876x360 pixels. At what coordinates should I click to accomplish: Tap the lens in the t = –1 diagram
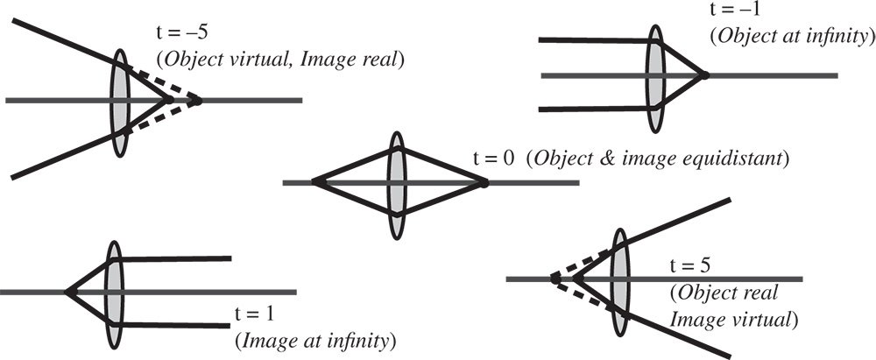[x=654, y=75]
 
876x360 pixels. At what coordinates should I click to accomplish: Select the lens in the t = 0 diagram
[x=398, y=183]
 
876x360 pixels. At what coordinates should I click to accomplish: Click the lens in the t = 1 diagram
[x=114, y=291]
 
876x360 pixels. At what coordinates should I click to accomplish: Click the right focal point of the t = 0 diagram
[x=484, y=183]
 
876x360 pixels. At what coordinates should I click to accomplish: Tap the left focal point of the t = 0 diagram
[x=314, y=183]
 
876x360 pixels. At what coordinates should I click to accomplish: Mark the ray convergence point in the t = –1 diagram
[x=703, y=75]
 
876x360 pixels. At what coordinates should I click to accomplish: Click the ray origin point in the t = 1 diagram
[x=67, y=291]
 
